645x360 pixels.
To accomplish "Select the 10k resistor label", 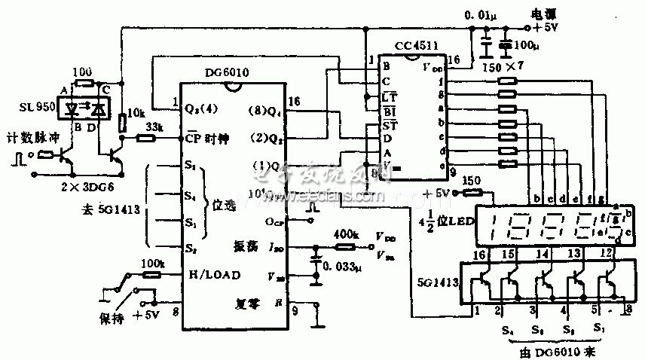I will [x=135, y=113].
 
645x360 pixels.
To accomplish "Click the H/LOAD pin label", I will [x=212, y=275].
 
